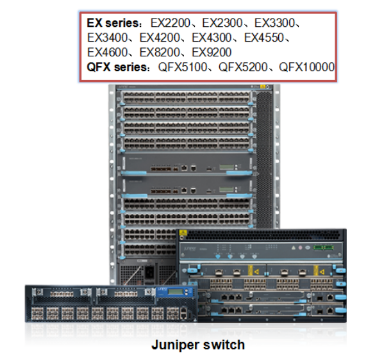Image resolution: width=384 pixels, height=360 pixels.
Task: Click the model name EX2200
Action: [171, 23]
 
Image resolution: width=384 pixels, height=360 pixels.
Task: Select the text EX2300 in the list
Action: [222, 23]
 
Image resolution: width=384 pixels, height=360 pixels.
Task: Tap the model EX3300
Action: [274, 23]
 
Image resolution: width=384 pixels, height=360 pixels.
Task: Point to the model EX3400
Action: [107, 38]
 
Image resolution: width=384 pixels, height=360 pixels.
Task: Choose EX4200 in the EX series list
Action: [160, 38]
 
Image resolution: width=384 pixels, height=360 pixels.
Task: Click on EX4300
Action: [212, 38]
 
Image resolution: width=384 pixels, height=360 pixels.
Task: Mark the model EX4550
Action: [264, 38]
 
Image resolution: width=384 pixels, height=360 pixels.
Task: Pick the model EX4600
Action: [107, 53]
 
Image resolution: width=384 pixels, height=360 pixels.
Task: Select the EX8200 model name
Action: [160, 53]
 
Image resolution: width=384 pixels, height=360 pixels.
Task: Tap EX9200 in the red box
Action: [212, 53]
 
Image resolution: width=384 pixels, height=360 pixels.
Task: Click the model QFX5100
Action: [183, 67]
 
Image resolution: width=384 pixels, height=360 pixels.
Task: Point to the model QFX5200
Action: [243, 67]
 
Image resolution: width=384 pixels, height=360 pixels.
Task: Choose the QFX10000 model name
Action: [307, 67]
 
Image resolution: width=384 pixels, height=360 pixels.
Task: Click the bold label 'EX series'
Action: [113, 23]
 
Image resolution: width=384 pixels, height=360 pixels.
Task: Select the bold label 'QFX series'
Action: [117, 67]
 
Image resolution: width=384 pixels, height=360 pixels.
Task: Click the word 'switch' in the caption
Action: [224, 345]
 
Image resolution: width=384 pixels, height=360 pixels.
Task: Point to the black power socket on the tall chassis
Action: [149, 272]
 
